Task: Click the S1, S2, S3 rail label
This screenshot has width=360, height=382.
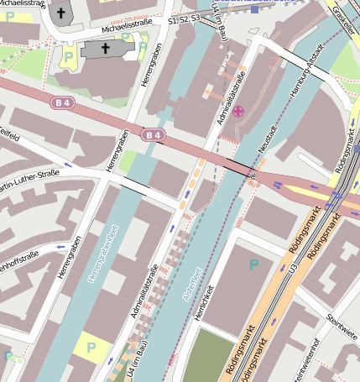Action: [184, 18]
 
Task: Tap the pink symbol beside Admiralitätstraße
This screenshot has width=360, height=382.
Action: [239, 111]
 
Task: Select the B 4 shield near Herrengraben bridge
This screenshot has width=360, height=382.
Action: [152, 134]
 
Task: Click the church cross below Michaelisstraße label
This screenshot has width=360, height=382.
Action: [107, 50]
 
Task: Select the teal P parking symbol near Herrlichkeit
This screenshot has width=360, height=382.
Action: [253, 264]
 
